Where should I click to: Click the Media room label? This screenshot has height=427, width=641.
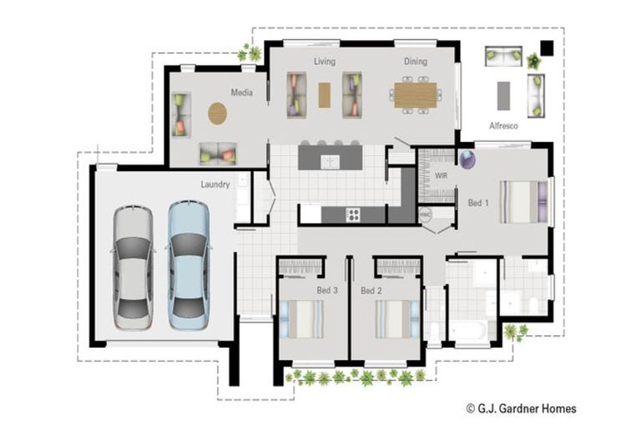click(x=242, y=93)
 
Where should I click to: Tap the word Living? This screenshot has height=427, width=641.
click(x=324, y=62)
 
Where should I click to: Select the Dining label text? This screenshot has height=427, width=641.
click(x=416, y=62)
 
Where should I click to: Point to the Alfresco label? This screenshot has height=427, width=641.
click(x=503, y=126)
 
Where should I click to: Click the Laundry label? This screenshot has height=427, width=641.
click(x=215, y=184)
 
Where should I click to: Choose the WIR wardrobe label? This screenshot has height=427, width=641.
click(x=442, y=176)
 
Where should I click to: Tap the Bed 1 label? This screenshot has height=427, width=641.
click(x=478, y=203)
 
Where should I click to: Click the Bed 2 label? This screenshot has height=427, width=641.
click(x=371, y=291)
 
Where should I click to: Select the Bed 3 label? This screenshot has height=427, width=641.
click(x=327, y=291)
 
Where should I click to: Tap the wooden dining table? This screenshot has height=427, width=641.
click(x=415, y=94)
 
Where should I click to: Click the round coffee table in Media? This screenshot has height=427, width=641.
click(x=217, y=113)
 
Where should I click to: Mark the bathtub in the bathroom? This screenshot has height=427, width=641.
click(x=469, y=331)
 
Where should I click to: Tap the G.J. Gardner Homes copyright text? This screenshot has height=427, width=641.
click(x=521, y=409)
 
